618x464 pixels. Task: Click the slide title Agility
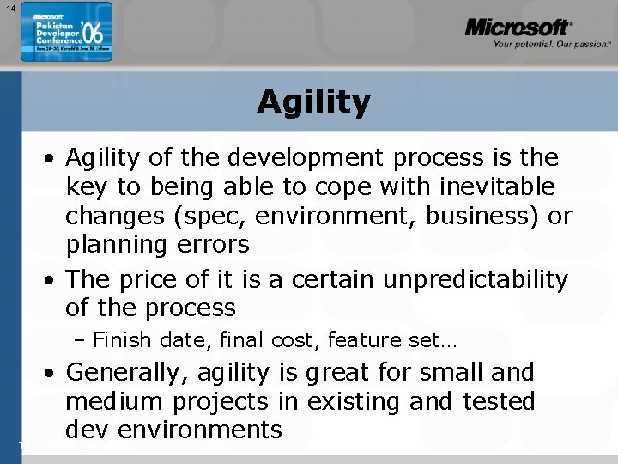(x=313, y=102)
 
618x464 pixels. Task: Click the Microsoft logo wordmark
(x=518, y=27)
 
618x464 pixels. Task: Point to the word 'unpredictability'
(x=476, y=279)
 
